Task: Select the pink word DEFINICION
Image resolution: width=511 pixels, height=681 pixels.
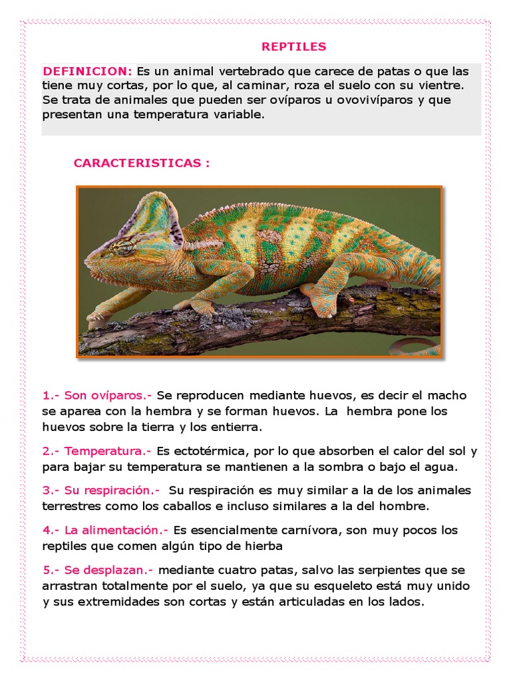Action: pos(87,71)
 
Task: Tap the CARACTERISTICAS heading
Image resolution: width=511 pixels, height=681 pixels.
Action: pos(141,163)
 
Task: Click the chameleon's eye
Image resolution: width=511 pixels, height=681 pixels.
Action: pos(124,247)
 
